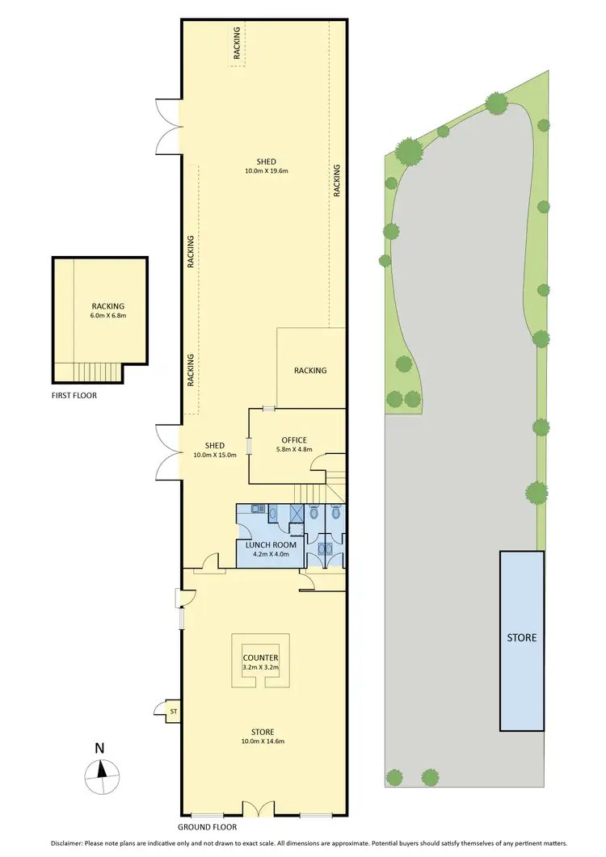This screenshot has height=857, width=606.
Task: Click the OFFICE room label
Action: pos(294,440)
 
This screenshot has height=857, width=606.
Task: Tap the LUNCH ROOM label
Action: pos(271,545)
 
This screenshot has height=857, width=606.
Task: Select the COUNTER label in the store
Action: pos(260,658)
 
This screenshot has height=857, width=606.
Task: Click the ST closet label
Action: pos(172,711)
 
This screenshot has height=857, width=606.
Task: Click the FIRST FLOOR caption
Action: pos(76,397)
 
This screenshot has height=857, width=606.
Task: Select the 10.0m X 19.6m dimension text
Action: pos(267,171)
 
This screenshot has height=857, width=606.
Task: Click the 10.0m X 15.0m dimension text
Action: pos(214,455)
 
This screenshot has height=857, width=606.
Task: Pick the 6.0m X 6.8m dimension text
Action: pos(108,316)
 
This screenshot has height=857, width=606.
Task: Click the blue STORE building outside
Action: pos(521,638)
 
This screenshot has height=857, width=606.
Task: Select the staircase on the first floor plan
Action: pos(95,372)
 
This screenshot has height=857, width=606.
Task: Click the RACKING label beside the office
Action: pos(310,371)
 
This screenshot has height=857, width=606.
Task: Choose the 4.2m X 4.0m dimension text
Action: pos(271,555)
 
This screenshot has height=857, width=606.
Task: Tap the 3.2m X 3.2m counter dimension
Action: pos(260,668)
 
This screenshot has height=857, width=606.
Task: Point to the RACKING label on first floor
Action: pos(108,306)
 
